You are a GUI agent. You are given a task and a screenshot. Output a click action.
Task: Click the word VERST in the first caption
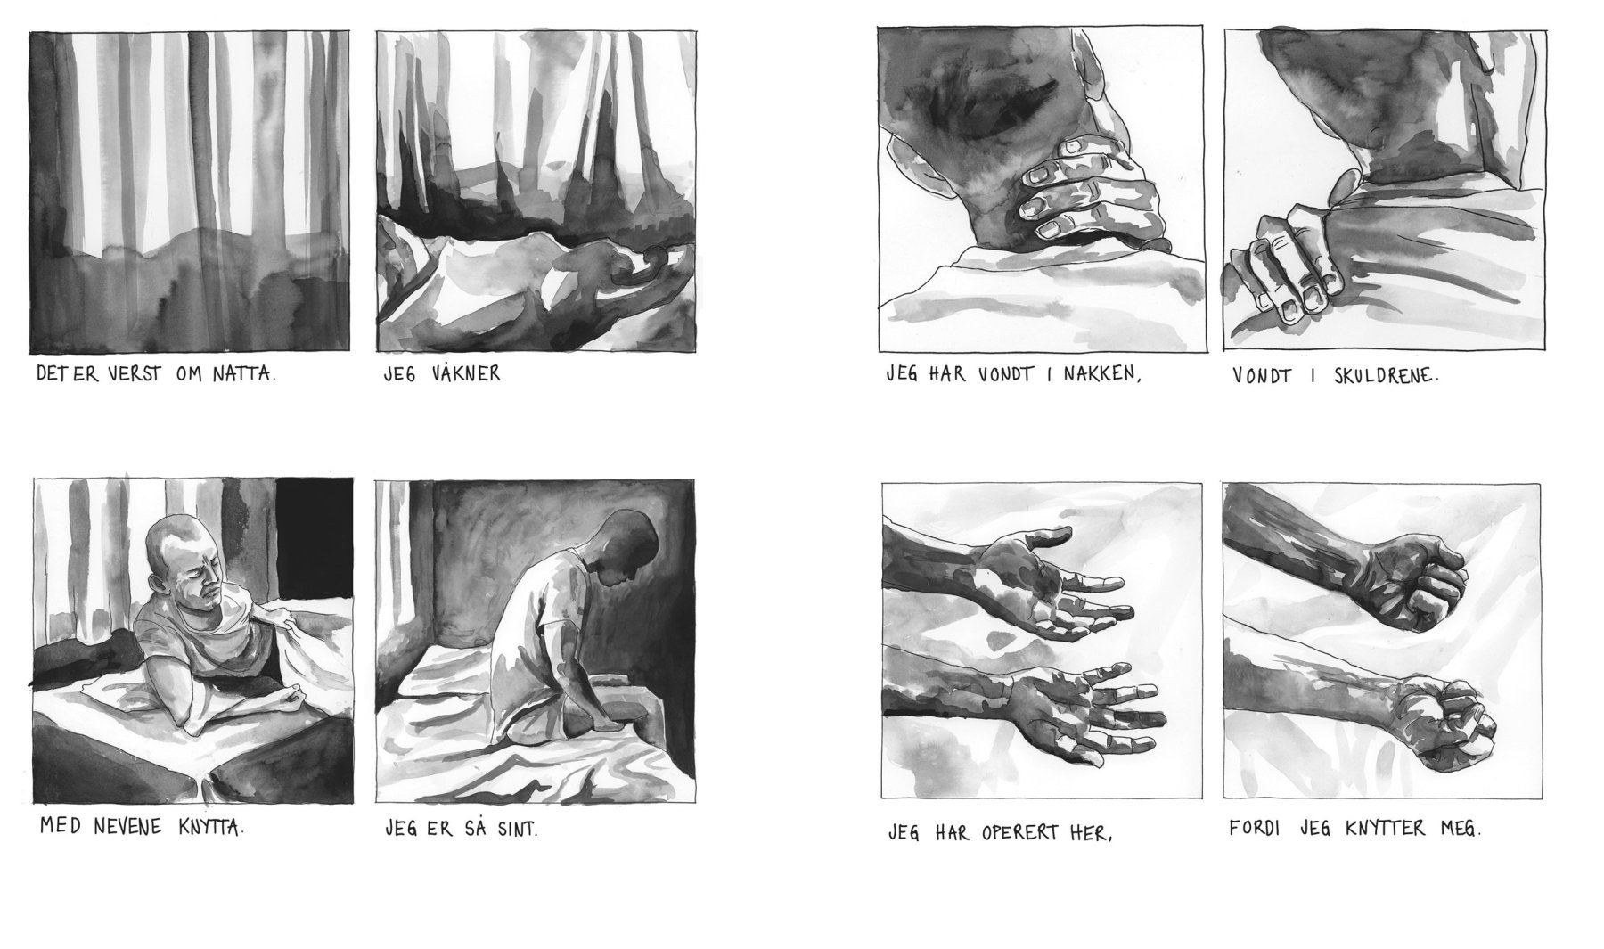click(x=133, y=374)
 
